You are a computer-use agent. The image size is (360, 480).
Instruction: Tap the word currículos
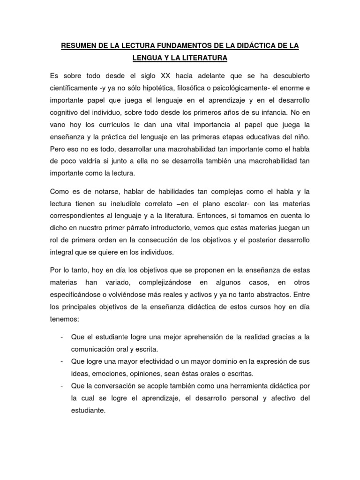(121, 125)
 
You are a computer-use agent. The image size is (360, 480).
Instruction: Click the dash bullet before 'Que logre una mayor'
(61, 361)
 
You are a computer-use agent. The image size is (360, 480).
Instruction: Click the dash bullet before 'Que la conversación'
(61, 386)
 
